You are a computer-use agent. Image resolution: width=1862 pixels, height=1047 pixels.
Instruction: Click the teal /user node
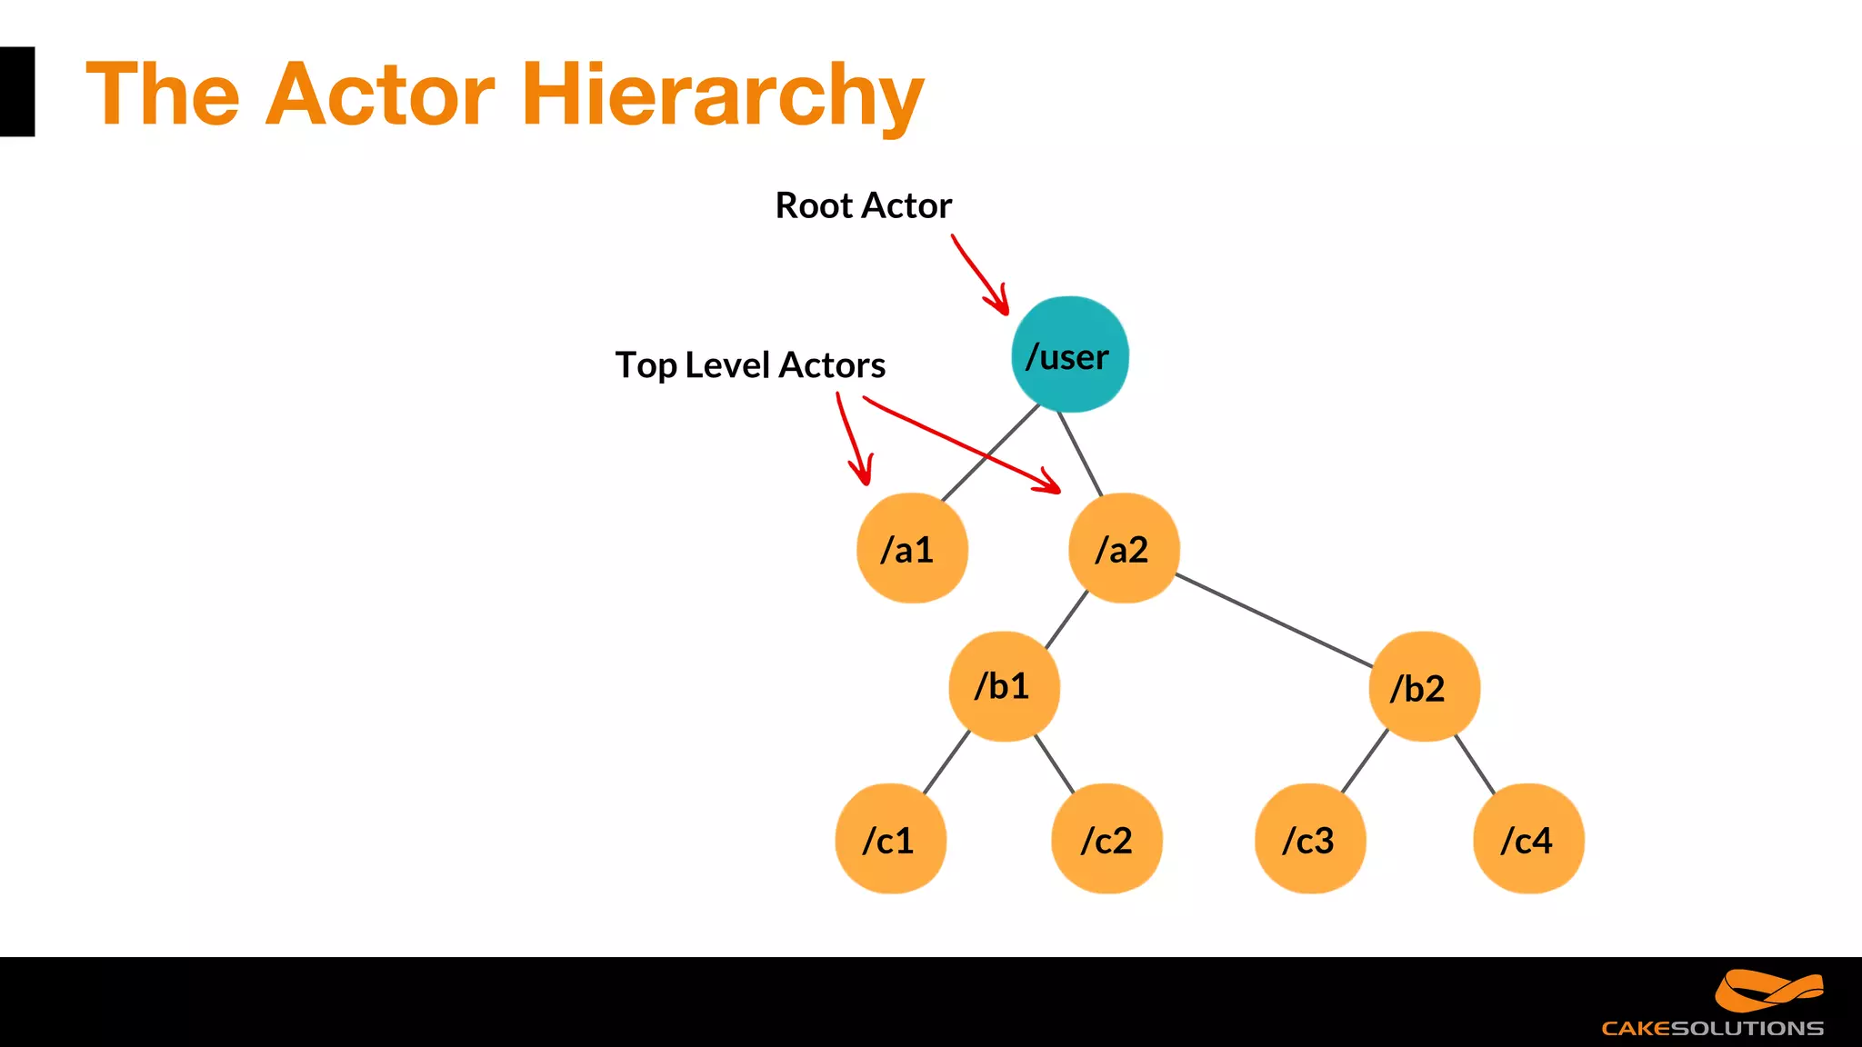click(1069, 354)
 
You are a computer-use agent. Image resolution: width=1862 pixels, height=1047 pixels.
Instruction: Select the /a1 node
click(912, 548)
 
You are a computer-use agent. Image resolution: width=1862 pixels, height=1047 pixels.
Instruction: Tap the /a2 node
click(1124, 548)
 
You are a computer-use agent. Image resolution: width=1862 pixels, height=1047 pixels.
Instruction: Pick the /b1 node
click(1004, 686)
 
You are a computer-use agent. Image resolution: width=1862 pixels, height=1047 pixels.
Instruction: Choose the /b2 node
click(1424, 687)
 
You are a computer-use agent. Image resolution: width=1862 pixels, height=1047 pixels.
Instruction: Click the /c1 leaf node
click(890, 839)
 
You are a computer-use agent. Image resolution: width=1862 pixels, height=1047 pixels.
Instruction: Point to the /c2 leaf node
click(1106, 839)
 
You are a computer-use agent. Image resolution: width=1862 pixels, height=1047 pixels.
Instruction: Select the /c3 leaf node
click(1310, 839)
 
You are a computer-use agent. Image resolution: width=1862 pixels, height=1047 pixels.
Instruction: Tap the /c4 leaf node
click(1528, 839)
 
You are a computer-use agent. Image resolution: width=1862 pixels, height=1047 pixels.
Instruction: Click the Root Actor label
click(863, 205)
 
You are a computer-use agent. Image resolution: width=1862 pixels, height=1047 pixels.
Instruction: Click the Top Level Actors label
click(750, 365)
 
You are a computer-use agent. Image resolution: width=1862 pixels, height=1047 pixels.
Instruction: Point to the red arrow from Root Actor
click(978, 274)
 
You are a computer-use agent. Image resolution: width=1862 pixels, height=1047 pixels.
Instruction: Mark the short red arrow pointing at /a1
click(852, 439)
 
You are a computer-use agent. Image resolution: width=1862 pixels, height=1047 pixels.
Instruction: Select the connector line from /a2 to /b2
click(1273, 620)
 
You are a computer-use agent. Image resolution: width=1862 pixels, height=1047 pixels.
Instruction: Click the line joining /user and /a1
click(991, 452)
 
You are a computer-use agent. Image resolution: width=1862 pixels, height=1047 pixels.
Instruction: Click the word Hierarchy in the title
click(722, 95)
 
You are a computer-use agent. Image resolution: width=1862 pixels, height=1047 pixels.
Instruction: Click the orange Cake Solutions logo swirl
click(1767, 991)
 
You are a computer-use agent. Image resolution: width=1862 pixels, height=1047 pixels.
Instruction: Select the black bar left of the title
click(16, 92)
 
